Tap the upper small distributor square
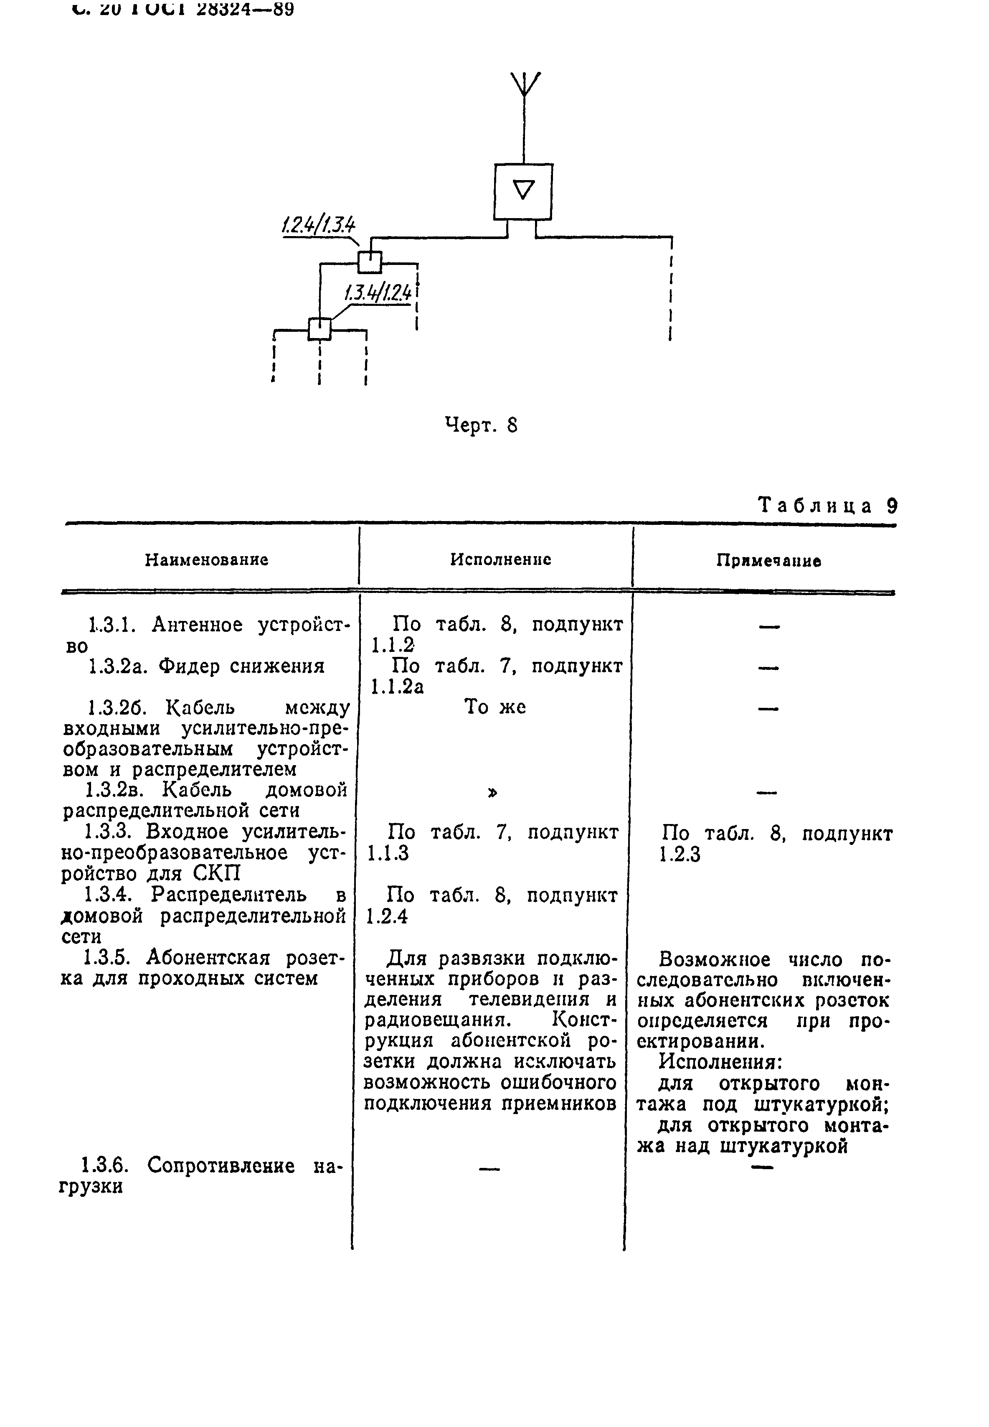coord(370,262)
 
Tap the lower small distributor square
coord(320,328)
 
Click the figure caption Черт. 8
coord(481,425)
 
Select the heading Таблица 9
coord(828,506)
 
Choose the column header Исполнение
coord(501,560)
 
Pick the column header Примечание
coord(768,561)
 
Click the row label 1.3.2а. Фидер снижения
coord(206,666)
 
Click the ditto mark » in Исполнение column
coord(493,792)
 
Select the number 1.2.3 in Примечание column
coord(680,855)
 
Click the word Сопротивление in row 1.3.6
coord(221,1166)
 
